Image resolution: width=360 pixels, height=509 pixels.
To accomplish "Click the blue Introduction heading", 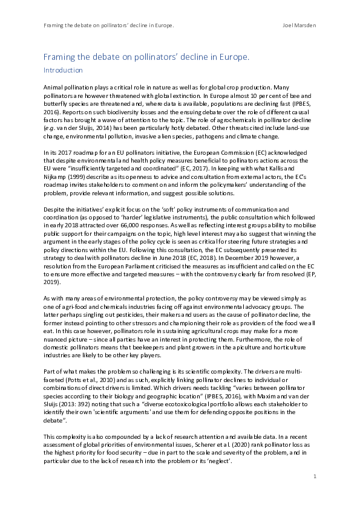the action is pos(62,70).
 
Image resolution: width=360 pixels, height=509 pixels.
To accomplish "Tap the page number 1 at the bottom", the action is pos(315,477).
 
